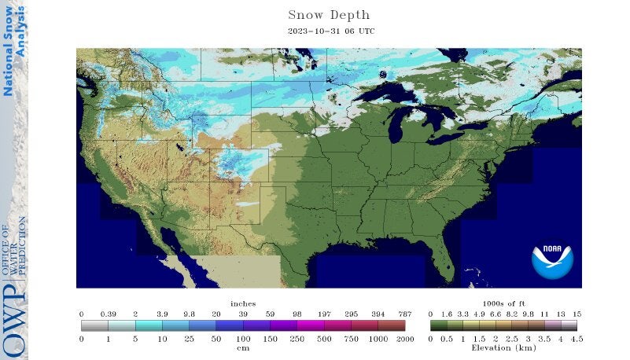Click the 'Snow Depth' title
(329, 15)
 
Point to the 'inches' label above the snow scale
(243, 303)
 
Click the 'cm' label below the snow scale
(243, 347)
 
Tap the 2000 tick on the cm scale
(404, 338)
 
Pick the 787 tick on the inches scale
(404, 313)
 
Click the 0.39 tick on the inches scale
(109, 313)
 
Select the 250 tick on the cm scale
(297, 338)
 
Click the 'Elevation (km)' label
(504, 347)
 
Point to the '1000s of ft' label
(504, 303)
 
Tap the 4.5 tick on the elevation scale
(577, 338)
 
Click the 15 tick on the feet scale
(577, 313)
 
